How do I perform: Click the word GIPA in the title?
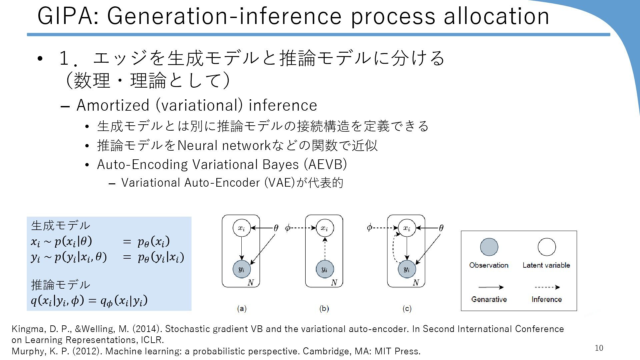(x=68, y=16)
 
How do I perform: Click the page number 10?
(x=599, y=348)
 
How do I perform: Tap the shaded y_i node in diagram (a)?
(x=241, y=269)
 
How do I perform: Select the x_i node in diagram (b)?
(x=324, y=228)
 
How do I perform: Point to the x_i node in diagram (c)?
(x=407, y=228)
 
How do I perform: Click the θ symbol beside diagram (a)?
(x=276, y=228)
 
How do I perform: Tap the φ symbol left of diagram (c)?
(x=369, y=228)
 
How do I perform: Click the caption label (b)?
(x=324, y=308)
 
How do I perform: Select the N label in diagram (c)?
(x=416, y=283)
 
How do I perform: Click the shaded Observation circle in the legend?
(x=489, y=247)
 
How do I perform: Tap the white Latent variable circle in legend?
(x=547, y=247)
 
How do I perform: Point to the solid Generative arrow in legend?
(x=491, y=287)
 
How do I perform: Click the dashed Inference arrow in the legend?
(x=547, y=287)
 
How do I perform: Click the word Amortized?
(x=113, y=105)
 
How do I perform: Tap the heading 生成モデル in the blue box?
(x=60, y=226)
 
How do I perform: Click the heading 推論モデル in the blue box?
(x=60, y=285)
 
